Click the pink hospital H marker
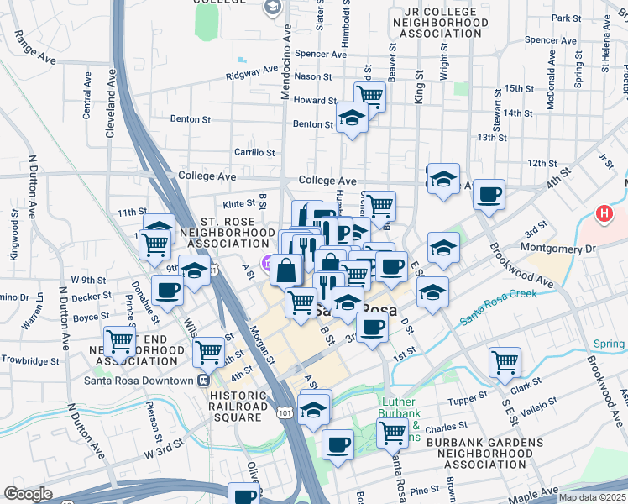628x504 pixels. coord(603,215)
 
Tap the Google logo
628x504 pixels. coord(28,494)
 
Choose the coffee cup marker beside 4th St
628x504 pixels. coord(488,195)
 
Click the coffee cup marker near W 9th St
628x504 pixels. coord(167,290)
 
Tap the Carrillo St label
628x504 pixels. coord(255,153)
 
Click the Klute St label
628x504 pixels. coord(238,203)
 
